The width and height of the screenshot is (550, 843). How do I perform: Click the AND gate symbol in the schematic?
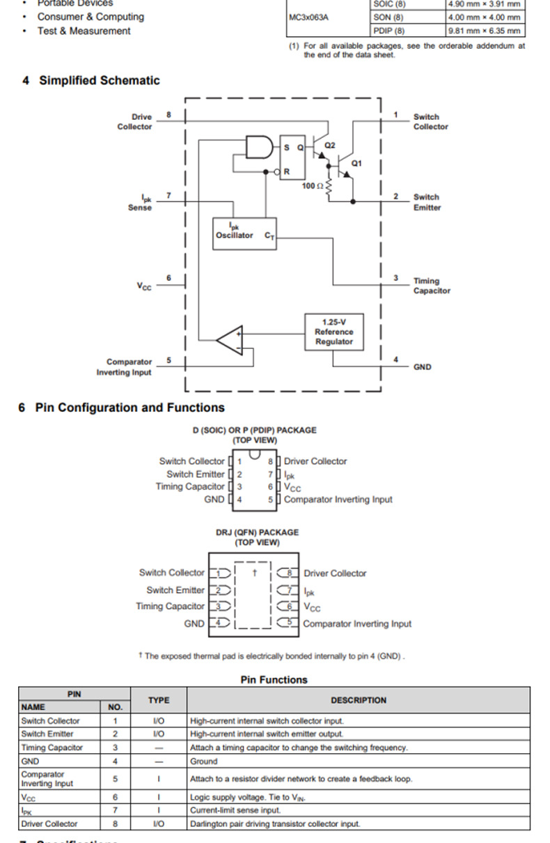259,147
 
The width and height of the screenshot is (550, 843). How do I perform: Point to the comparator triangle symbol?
230,340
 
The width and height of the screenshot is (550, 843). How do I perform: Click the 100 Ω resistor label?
313,186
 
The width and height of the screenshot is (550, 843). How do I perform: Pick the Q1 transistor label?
356,163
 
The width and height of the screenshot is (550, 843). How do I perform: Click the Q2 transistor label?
330,146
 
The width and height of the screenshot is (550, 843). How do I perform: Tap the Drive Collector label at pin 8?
135,122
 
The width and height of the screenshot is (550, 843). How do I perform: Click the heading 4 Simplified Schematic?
91,81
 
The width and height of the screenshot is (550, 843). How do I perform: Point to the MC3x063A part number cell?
308,17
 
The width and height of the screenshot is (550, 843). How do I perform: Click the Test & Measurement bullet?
84,31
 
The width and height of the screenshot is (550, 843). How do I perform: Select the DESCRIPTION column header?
359,700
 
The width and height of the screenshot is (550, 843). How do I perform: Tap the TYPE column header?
159,700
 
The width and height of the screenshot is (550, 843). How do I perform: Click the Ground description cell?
204,761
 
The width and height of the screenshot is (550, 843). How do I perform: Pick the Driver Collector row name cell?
49,823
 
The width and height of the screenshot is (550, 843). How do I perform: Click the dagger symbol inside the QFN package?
255,573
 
